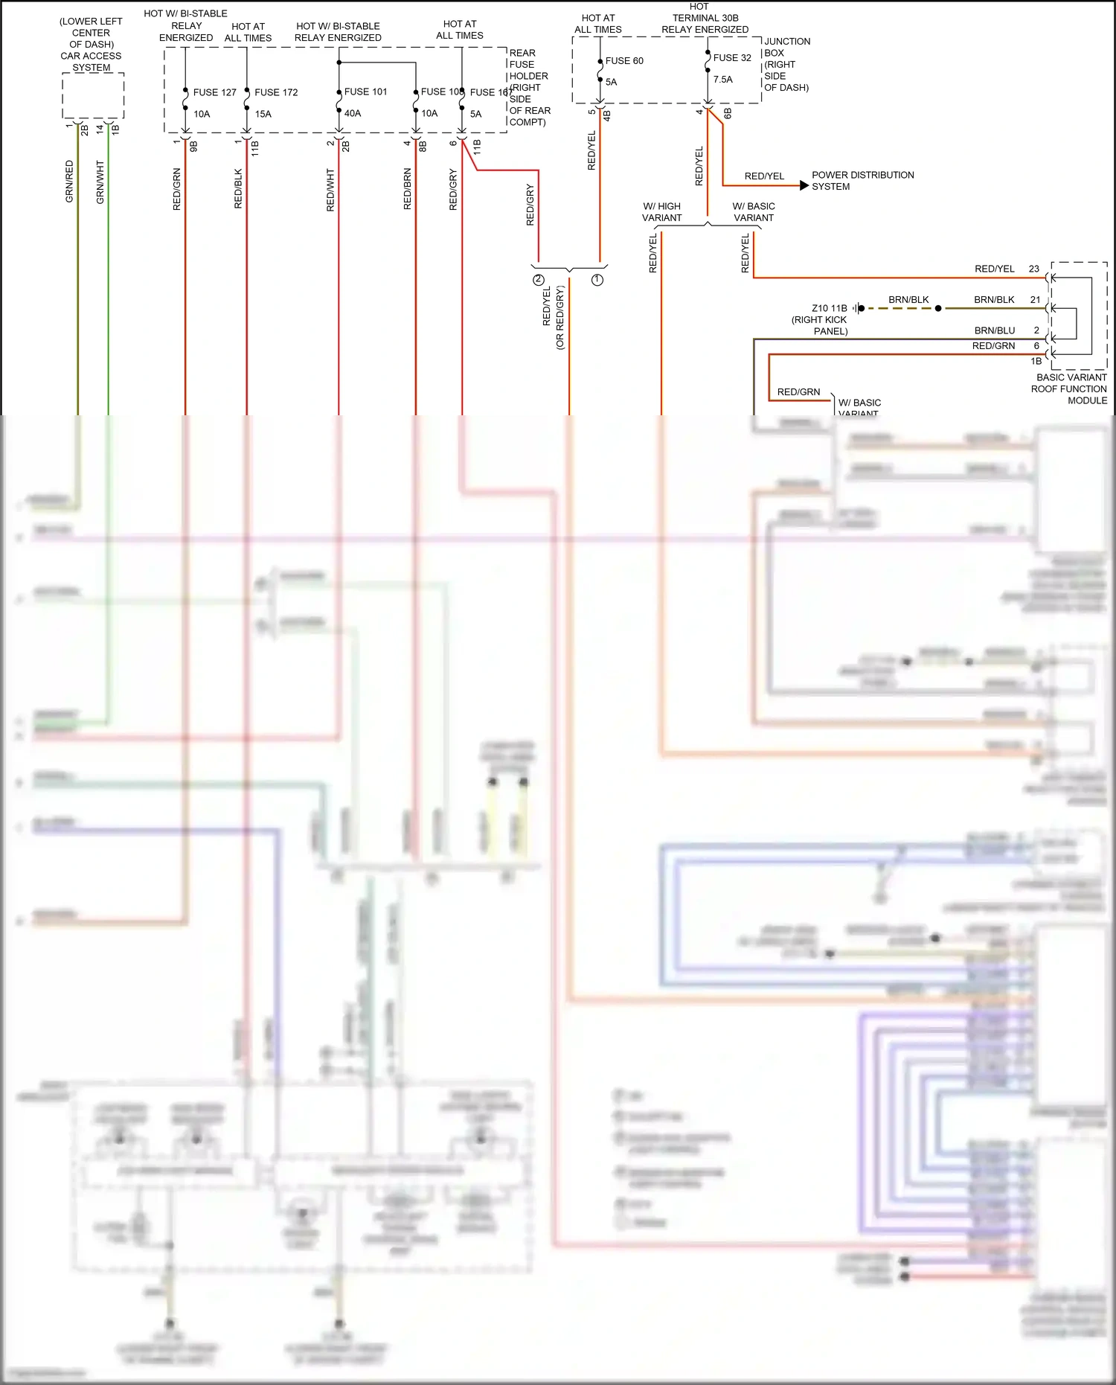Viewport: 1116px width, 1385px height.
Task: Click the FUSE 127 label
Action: (214, 92)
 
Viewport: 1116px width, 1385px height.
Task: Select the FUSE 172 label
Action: (276, 92)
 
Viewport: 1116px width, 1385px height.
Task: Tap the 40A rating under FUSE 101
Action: (353, 114)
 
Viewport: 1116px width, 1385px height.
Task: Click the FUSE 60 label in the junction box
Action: (624, 61)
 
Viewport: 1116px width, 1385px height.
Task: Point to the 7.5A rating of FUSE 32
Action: (722, 80)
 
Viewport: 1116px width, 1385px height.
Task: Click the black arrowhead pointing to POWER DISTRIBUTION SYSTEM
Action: (804, 185)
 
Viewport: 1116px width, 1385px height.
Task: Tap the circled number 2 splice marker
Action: (538, 280)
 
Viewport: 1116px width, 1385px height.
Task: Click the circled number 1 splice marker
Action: (597, 280)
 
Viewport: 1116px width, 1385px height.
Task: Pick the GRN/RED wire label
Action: (70, 181)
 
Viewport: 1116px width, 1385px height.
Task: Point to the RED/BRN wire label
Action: (408, 188)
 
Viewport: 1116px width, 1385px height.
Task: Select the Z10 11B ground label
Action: (829, 308)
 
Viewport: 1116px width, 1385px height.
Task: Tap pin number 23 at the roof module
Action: (1033, 269)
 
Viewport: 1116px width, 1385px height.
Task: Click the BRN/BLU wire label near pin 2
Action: (994, 330)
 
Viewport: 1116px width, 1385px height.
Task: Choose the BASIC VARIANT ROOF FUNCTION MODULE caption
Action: (1070, 388)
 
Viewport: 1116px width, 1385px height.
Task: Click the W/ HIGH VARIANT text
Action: (661, 212)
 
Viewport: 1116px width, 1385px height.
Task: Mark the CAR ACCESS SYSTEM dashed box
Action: (92, 95)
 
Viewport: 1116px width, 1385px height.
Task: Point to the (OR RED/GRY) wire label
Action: (560, 317)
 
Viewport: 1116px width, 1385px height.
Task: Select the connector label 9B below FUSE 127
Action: (194, 147)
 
